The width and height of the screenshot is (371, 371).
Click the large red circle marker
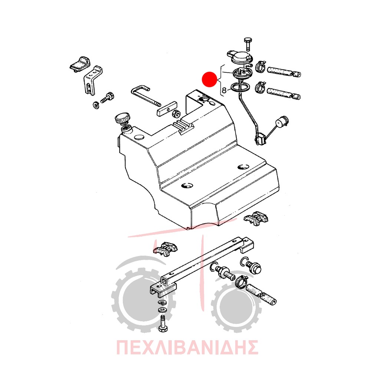(x=209, y=79)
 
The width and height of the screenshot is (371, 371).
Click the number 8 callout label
(x=224, y=90)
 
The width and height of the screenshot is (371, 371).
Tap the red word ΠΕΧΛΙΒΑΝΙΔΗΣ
(x=187, y=347)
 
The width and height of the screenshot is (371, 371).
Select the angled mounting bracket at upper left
(x=93, y=81)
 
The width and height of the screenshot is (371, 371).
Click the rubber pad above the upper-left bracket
(x=80, y=64)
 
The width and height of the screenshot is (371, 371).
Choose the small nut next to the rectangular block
(x=175, y=113)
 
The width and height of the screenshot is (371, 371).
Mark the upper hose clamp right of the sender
(x=261, y=66)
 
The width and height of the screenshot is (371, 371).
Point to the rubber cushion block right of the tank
(x=256, y=218)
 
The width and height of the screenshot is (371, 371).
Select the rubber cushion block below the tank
(x=165, y=249)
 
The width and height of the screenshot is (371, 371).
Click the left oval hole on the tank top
(x=187, y=185)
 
